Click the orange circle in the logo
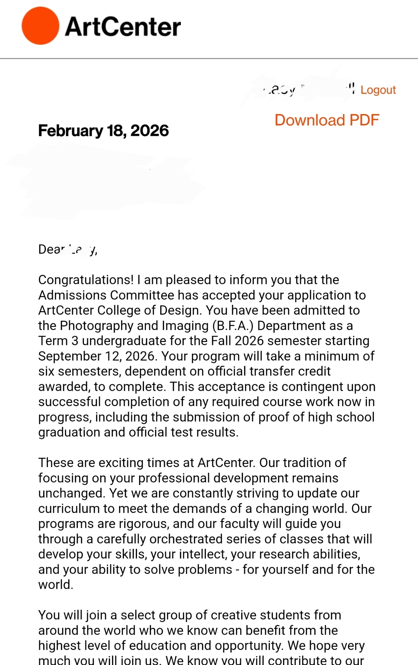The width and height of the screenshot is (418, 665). [40, 26]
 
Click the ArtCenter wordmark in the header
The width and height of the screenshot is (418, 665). [123, 27]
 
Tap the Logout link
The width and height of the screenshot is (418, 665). [378, 90]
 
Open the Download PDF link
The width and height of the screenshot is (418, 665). [327, 120]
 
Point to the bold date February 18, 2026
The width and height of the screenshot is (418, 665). [103, 130]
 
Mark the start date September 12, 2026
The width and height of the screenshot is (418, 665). [97, 356]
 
